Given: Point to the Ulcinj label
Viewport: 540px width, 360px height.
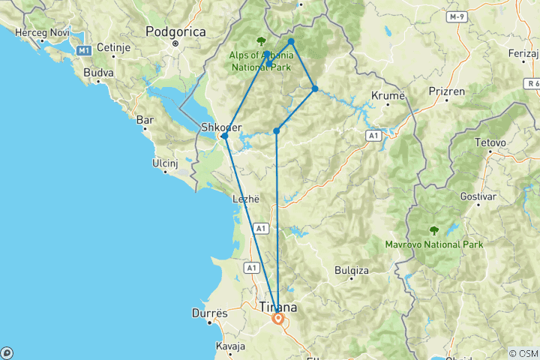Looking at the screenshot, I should tap(167, 159).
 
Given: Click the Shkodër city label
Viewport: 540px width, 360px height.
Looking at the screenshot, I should tap(221, 127).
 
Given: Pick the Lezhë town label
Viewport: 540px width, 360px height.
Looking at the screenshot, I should tap(246, 199).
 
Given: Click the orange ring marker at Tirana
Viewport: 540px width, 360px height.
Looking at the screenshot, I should tap(278, 319).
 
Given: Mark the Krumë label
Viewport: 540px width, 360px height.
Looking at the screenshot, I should tap(388, 95).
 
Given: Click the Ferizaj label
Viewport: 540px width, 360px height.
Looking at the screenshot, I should tap(523, 54).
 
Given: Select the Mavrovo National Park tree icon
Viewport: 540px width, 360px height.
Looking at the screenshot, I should tap(433, 231).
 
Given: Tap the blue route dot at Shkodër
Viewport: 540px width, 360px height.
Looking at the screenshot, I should tap(224, 136).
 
